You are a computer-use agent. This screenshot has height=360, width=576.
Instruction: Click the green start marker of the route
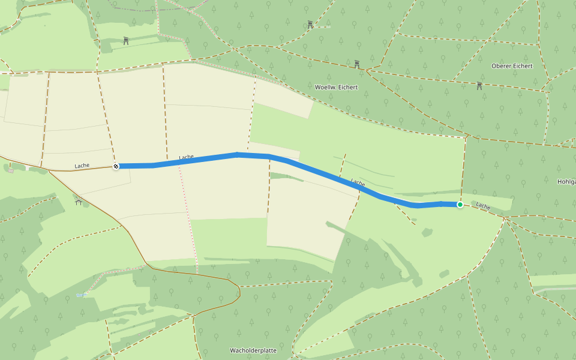tap(460, 205)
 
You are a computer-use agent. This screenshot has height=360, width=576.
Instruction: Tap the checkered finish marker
tap(116, 166)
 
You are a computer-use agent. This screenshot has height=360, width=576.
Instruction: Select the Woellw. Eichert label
tap(336, 87)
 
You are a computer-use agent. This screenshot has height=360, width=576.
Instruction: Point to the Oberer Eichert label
tap(511, 66)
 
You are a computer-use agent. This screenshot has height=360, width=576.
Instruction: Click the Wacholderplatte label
tap(253, 350)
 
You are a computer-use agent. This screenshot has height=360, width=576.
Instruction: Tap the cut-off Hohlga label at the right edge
tap(566, 182)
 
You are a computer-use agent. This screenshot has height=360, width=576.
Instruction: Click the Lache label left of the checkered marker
tap(82, 166)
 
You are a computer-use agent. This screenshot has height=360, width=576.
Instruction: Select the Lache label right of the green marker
tap(483, 206)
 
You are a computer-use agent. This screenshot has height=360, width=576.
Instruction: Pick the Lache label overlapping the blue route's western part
tap(186, 158)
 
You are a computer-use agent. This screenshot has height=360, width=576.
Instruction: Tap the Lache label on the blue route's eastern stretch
tap(358, 182)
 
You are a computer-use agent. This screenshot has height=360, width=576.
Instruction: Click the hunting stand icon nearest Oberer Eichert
tap(479, 86)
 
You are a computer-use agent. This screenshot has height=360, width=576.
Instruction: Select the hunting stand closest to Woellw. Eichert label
tap(357, 64)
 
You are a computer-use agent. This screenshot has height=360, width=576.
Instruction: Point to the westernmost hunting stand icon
tap(126, 41)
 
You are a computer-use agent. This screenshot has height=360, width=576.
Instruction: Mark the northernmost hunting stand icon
tap(310, 25)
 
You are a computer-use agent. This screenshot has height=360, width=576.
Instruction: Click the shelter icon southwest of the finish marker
tap(79, 202)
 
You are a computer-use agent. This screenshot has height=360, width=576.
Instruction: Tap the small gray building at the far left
tap(11, 170)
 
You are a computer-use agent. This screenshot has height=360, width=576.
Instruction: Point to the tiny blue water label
tap(82, 295)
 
